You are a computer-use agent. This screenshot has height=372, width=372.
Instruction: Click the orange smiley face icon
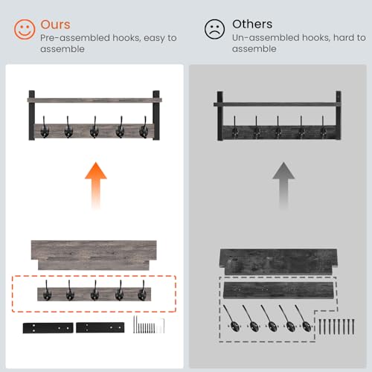(25, 30)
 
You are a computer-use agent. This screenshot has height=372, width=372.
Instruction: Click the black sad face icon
(214, 29)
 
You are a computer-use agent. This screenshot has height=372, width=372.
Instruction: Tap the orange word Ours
(55, 25)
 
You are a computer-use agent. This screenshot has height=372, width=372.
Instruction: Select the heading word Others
(252, 24)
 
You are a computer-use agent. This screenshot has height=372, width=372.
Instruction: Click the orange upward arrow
(96, 185)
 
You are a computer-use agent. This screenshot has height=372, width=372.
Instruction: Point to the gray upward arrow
(283, 185)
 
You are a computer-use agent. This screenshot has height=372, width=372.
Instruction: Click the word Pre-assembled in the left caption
(75, 38)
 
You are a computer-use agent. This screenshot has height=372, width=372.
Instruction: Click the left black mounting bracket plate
(48, 328)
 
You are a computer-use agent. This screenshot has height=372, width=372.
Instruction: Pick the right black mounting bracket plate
(100, 327)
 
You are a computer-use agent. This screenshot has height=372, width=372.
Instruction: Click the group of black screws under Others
(336, 327)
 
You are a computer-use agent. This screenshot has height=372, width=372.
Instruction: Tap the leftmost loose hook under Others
(231, 318)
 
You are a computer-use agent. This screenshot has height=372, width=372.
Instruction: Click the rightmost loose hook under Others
(303, 318)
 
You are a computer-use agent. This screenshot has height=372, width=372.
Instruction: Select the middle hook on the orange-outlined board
(94, 290)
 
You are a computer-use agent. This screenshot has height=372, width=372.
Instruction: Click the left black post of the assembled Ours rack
(32, 115)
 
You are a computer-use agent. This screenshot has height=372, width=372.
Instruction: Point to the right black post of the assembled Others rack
(339, 115)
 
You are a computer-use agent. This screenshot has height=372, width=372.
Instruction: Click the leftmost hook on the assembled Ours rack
(45, 127)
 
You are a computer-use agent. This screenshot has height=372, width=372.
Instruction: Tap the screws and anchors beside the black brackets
(149, 324)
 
